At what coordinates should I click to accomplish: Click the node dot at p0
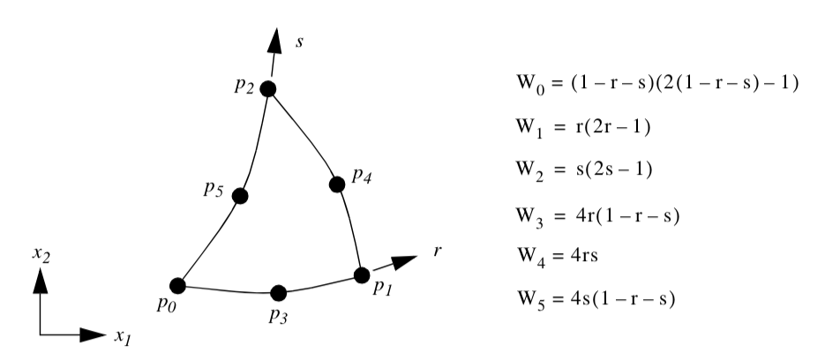[177, 285]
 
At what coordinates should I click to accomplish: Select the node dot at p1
[361, 274]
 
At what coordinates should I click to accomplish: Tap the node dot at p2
[268, 88]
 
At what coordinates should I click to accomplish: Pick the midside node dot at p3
[278, 293]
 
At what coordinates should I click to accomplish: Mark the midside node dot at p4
[336, 184]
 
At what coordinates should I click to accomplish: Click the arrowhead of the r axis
[405, 262]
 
